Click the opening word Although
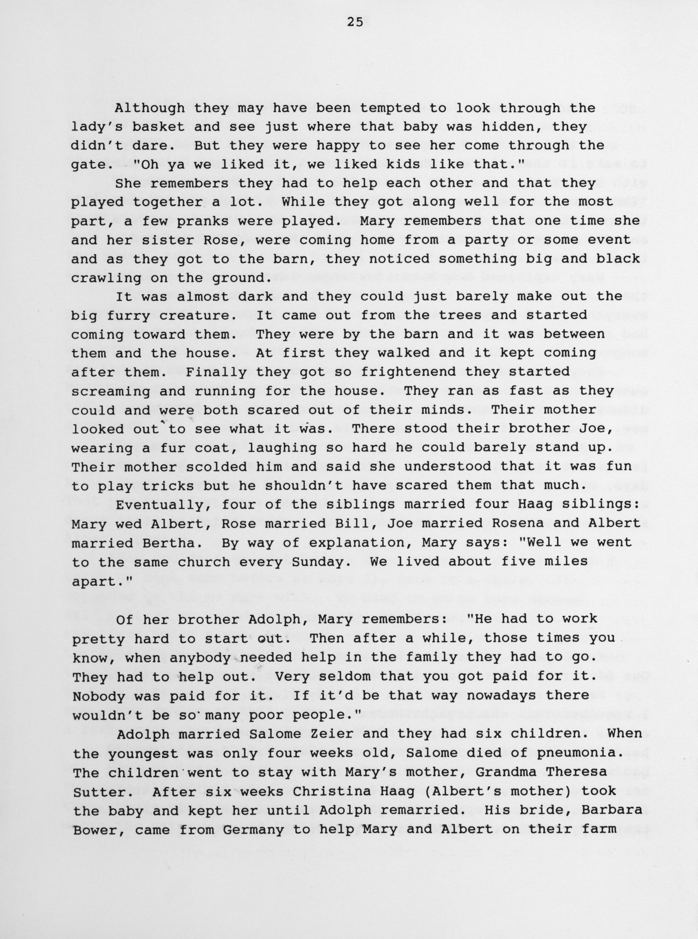[150, 108]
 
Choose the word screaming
[110, 391]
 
